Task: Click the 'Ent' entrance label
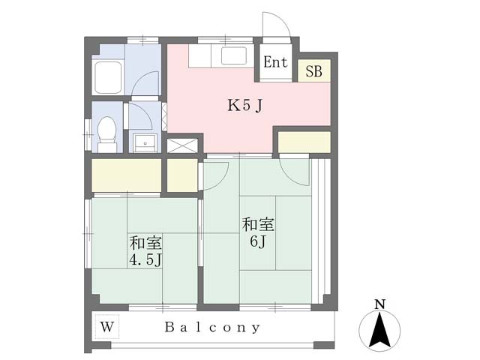[x=275, y=63]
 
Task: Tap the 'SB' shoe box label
[x=313, y=72]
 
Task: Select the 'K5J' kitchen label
[x=244, y=106]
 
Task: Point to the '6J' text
[x=258, y=242]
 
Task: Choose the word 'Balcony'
[x=213, y=327]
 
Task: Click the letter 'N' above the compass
[x=379, y=304]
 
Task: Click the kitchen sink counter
[x=218, y=55]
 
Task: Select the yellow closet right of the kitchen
[x=304, y=141]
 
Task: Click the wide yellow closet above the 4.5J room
[x=126, y=175]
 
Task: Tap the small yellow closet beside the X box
[x=181, y=175]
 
